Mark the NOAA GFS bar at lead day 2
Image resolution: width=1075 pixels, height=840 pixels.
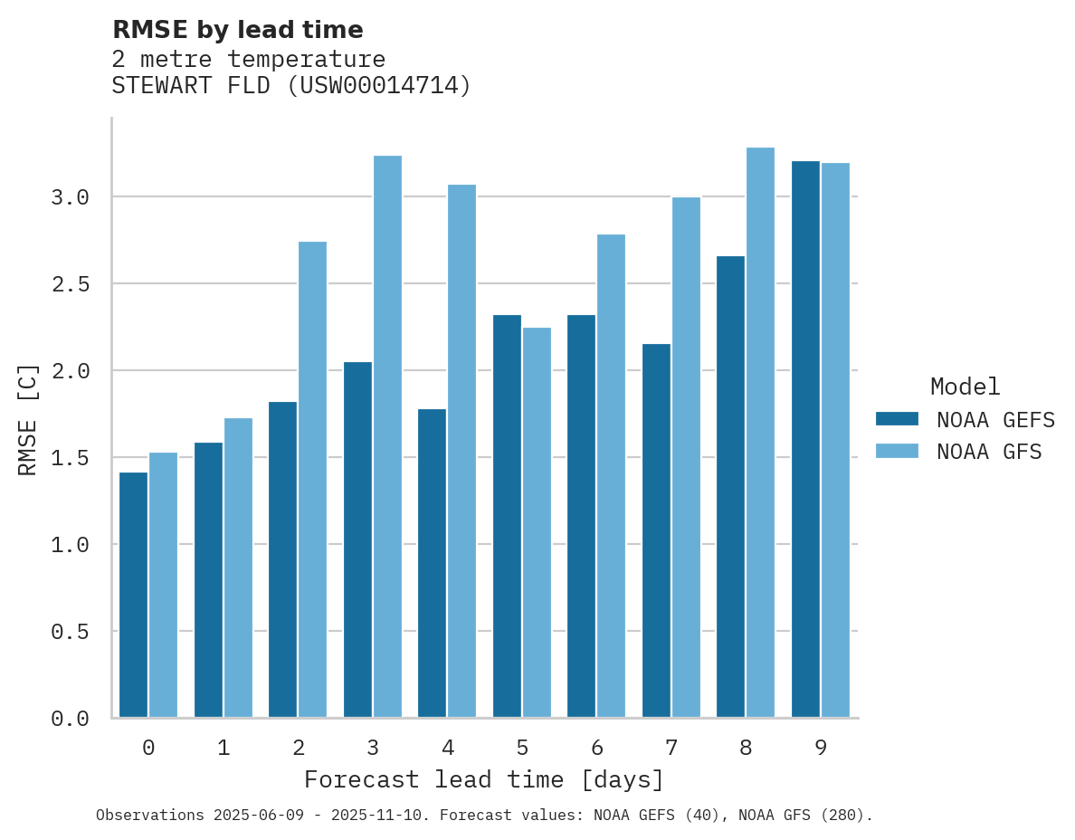[x=312, y=480]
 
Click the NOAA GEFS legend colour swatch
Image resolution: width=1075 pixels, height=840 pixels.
[x=897, y=419]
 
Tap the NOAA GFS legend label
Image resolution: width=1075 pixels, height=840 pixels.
[x=989, y=452]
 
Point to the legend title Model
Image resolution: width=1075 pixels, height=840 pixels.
[x=965, y=387]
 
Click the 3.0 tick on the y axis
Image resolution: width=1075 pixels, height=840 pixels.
[x=70, y=197]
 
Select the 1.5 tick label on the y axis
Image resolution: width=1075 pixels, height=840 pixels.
[x=70, y=458]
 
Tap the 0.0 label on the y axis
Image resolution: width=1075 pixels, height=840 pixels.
[x=70, y=719]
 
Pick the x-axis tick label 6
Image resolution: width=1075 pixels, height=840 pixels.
[x=597, y=748]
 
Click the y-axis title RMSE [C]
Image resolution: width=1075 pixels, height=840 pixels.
[x=28, y=419]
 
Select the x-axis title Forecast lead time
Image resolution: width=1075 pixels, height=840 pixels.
[x=484, y=780]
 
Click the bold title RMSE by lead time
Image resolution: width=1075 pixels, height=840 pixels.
[x=237, y=30]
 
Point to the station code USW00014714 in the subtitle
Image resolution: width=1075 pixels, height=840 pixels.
[x=378, y=86]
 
